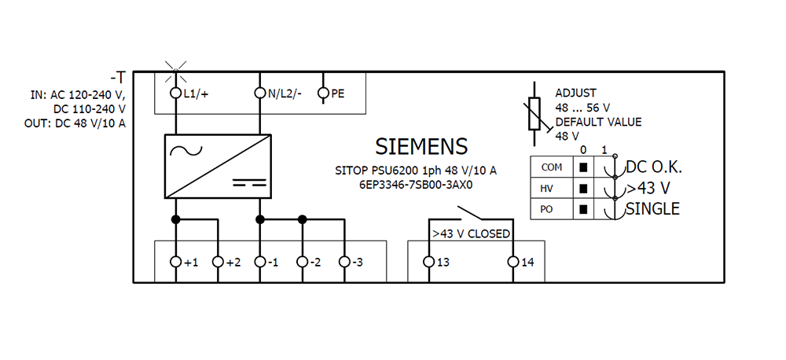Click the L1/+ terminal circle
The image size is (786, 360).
[x=175, y=93]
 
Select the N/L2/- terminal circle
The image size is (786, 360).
[x=259, y=93]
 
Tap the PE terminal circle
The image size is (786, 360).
[x=323, y=93]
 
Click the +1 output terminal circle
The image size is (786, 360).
[x=175, y=262]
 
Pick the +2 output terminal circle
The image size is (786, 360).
[x=218, y=262]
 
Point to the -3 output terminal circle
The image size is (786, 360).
[x=344, y=262]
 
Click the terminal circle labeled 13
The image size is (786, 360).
[x=428, y=262]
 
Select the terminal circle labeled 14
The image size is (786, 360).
[x=512, y=262]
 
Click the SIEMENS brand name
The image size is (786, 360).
[x=421, y=146]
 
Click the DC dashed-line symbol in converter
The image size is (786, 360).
[x=249, y=182]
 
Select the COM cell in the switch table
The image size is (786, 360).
[x=552, y=167]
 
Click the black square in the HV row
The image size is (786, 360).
[x=583, y=189]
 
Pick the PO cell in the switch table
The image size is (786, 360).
[x=552, y=209]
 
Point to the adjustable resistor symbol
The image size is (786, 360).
[x=535, y=114]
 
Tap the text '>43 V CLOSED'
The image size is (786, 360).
[x=471, y=233]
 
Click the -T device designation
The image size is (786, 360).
[x=118, y=78]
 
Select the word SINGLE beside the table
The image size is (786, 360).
[x=652, y=208]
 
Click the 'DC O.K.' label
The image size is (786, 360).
[x=654, y=167]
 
